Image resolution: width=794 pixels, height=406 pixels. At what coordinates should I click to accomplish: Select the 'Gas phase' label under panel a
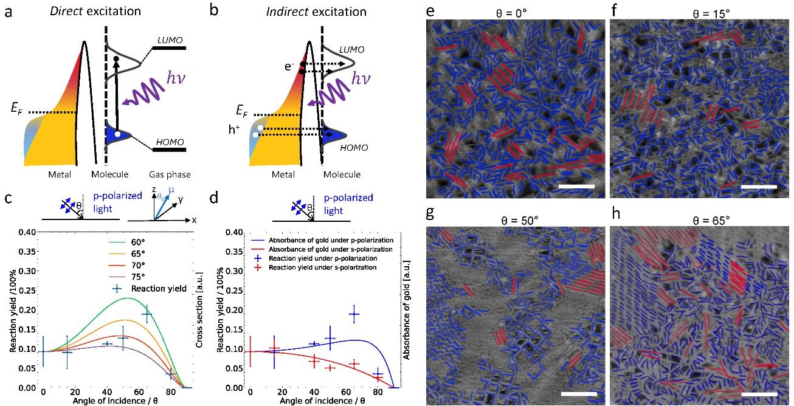171,175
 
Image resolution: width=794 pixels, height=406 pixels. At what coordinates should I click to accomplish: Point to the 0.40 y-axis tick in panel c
26,232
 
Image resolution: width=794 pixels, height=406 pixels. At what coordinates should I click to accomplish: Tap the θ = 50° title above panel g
516,219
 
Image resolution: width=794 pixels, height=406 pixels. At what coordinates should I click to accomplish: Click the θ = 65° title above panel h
700,219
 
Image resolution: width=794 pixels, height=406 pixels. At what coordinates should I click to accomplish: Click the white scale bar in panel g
578,394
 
